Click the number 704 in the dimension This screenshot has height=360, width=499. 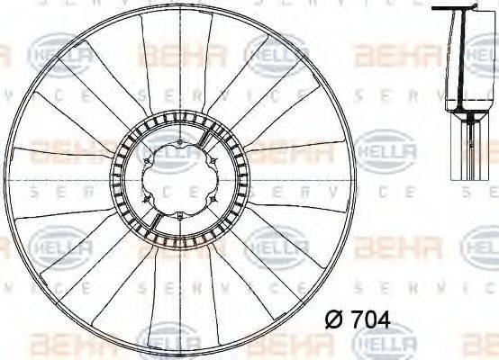pos(371,320)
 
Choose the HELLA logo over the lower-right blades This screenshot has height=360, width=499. pos(270,245)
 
